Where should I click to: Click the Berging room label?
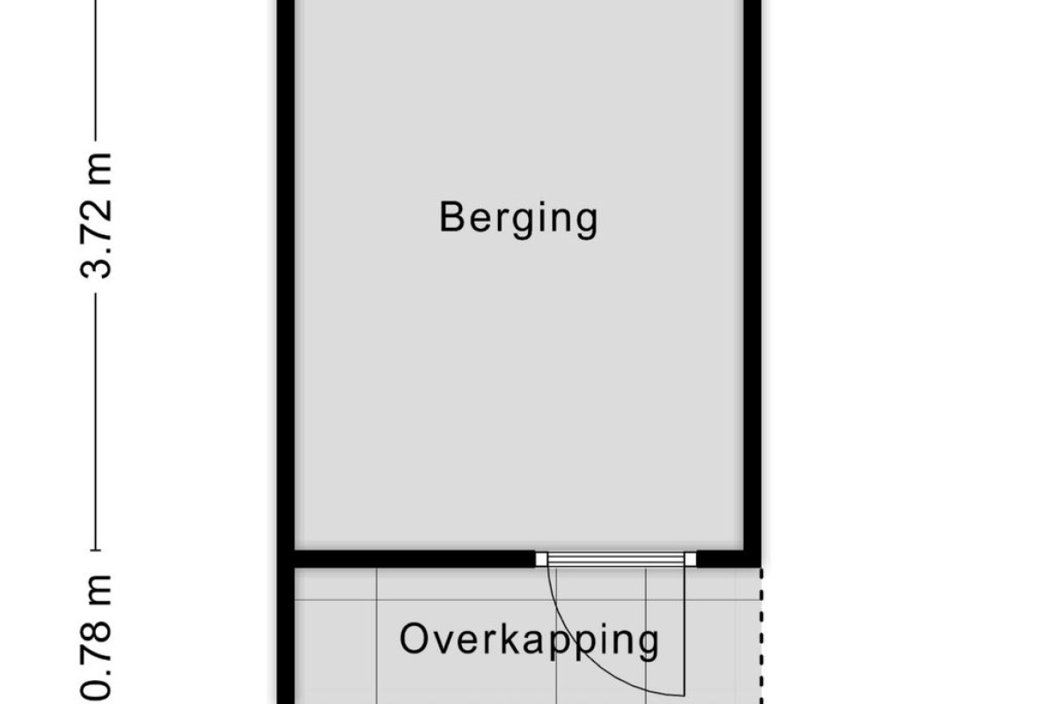[x=518, y=219]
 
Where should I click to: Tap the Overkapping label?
[x=529, y=640]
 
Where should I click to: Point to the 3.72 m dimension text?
[x=96, y=216]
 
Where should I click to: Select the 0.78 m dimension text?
[x=96, y=637]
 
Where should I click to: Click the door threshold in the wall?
[x=616, y=559]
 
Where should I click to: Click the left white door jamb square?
[x=541, y=559]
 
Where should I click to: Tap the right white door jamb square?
[x=690, y=559]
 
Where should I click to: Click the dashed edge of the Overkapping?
[x=761, y=635]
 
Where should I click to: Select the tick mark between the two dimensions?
[x=96, y=550]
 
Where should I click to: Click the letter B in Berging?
[x=451, y=216]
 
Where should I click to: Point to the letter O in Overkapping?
[x=414, y=639]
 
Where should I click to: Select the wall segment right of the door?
[x=729, y=559]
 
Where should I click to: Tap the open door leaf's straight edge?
[x=684, y=631]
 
